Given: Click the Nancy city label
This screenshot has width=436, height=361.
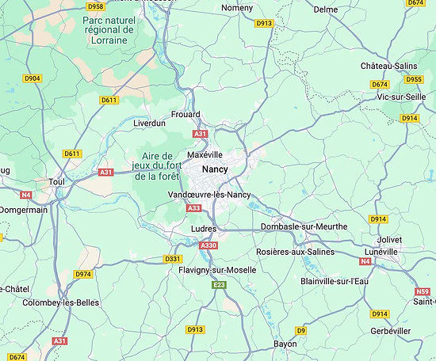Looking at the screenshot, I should click(215, 169).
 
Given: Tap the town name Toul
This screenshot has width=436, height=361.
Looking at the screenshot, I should click(56, 181).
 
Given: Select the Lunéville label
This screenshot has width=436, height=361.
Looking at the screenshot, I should click(381, 251).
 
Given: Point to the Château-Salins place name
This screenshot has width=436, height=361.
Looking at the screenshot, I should click(388, 65).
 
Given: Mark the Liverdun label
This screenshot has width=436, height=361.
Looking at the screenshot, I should click(149, 123).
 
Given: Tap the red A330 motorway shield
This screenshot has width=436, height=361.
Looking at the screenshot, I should click(208, 245).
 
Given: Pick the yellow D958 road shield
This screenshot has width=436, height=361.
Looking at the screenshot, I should click(96, 6).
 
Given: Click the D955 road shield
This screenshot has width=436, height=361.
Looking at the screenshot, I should click(414, 79).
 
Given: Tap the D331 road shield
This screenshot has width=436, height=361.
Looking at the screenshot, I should click(173, 259).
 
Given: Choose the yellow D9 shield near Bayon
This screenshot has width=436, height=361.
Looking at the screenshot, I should click(300, 330).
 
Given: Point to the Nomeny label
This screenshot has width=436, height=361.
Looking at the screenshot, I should click(238, 8).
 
